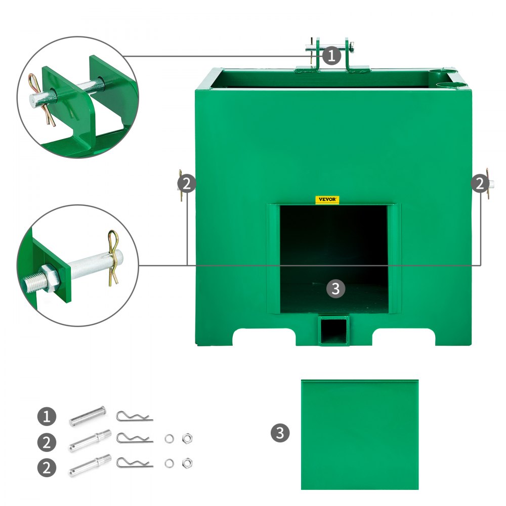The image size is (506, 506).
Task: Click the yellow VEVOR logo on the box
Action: (326, 200)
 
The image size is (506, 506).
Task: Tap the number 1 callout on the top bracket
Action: (331, 55)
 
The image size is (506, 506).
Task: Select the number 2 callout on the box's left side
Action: (187, 184)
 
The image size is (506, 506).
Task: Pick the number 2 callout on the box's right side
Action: (479, 184)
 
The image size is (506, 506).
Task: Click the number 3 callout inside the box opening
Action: (336, 289)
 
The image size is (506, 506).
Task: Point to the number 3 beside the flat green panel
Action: (280, 433)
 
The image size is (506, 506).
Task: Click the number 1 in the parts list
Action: (47, 417)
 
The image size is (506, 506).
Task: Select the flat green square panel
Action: (359, 434)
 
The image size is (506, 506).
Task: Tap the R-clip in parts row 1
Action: (134, 417)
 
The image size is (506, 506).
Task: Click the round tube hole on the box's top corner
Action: (437, 75)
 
